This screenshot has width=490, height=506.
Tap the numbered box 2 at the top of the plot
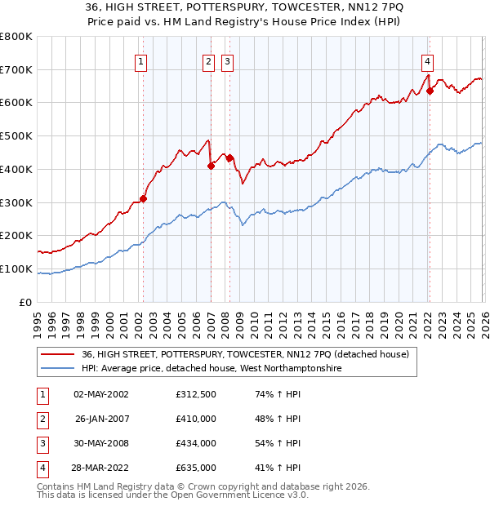(x=208, y=60)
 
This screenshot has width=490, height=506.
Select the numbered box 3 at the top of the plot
(x=226, y=60)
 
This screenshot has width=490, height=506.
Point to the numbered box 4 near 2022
(x=427, y=60)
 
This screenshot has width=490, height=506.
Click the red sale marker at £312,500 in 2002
(x=143, y=198)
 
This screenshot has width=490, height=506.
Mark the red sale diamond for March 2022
(x=430, y=91)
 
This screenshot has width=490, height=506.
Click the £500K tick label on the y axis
(x=16, y=136)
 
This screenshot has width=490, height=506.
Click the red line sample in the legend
(x=58, y=354)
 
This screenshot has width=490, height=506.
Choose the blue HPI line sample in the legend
(x=58, y=369)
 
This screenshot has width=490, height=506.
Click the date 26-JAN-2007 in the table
(x=102, y=419)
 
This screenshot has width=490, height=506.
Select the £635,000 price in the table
(x=196, y=468)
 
